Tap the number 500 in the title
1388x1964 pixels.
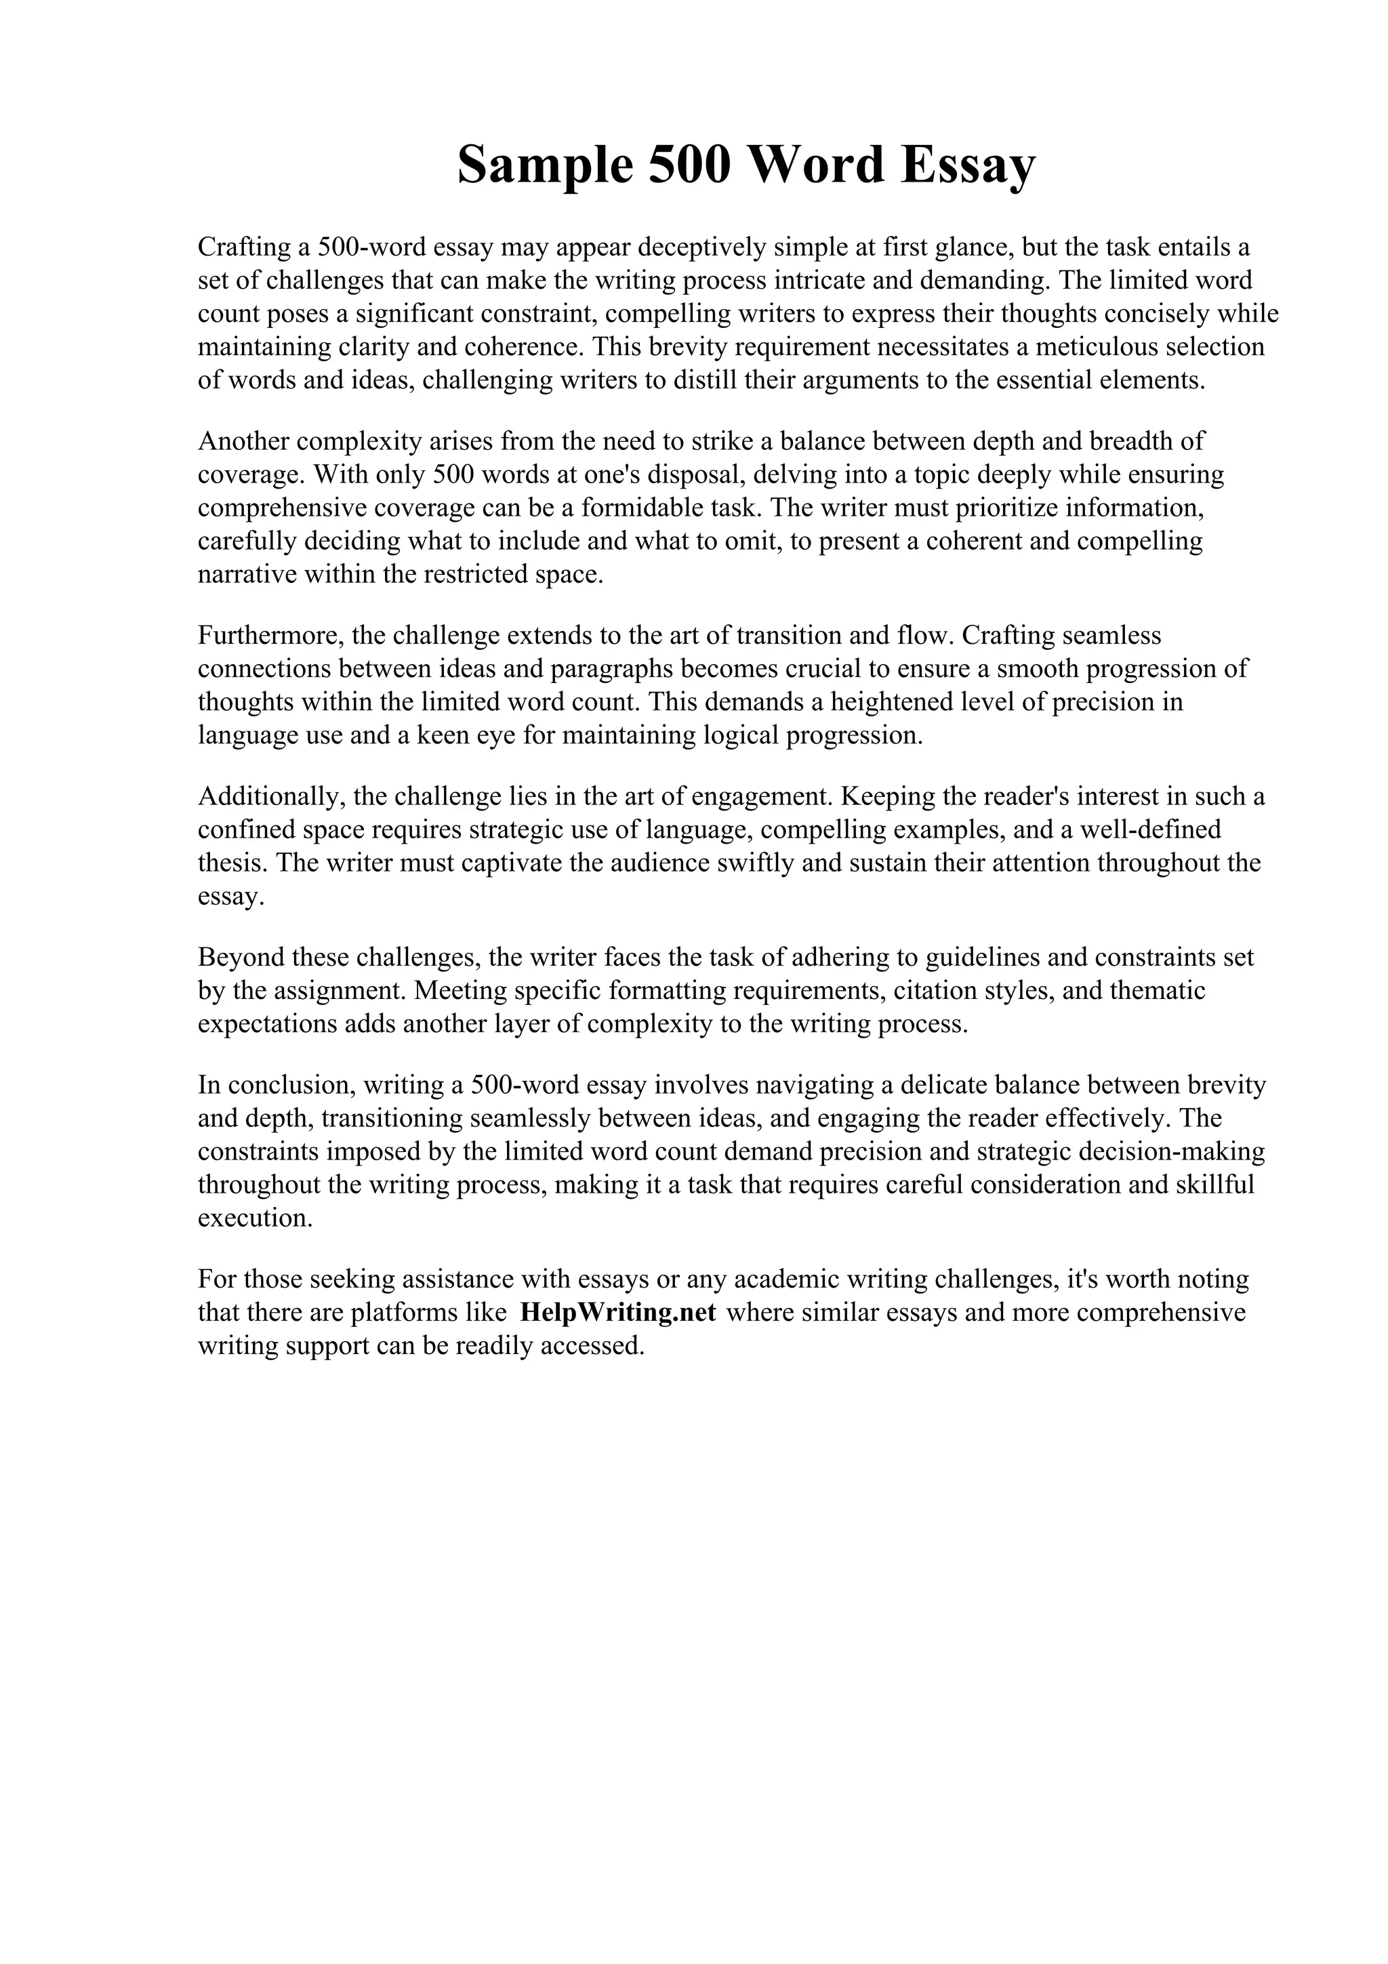[690, 165]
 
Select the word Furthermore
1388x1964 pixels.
[270, 635]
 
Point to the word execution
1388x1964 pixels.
[255, 1218]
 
